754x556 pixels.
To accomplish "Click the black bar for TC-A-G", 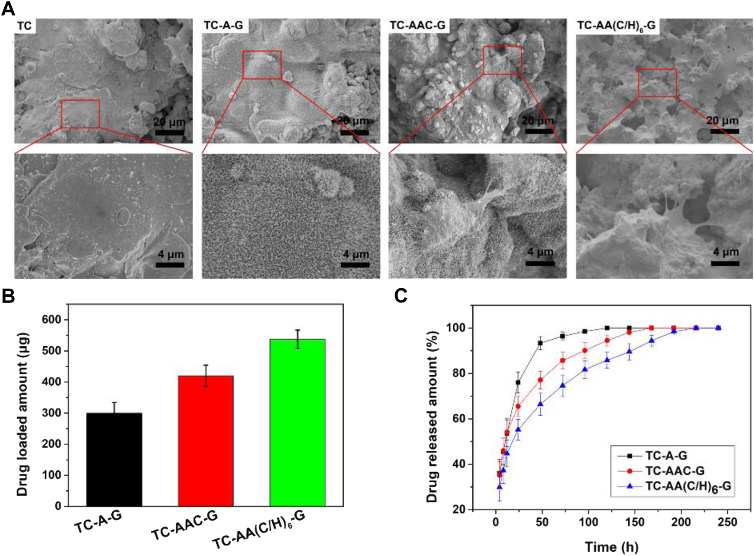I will (114, 459).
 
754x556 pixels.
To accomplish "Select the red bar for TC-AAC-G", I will (206, 440).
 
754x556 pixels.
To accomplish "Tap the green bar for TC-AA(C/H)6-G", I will (298, 422).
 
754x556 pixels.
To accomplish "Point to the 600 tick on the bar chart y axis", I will (51, 320).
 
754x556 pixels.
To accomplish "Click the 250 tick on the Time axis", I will (727, 522).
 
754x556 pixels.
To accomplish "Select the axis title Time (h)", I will (611, 546).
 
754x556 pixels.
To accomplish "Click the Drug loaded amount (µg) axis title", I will (22, 414).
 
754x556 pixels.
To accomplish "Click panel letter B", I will (8, 295).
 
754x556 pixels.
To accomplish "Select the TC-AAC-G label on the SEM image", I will (417, 25).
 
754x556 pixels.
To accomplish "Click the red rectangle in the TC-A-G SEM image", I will (262, 65).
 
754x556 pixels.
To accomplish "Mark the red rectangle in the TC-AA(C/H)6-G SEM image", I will (657, 83).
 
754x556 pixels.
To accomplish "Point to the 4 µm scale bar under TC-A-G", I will (355, 264).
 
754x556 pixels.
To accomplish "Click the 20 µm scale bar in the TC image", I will (169, 132).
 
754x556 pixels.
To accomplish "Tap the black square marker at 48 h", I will (540, 343).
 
